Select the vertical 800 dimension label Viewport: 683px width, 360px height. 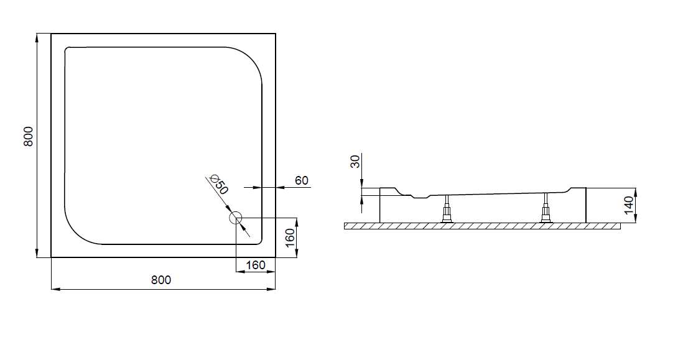(29, 136)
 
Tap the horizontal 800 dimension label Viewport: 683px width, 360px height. (161, 280)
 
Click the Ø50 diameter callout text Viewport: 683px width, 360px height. (218, 184)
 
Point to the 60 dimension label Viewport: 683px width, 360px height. (302, 180)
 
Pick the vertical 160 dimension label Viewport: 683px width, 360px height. (290, 238)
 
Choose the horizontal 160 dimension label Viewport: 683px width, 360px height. (255, 265)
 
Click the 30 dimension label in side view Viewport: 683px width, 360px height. (356, 162)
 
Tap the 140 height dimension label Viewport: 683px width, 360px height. (628, 205)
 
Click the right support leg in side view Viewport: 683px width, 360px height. (546, 208)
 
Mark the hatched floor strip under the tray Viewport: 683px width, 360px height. (482, 226)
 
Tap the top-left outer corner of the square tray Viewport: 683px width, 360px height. (52, 34)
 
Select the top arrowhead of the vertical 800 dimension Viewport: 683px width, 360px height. (37, 38)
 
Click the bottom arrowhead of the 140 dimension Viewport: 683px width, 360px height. (636, 218)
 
